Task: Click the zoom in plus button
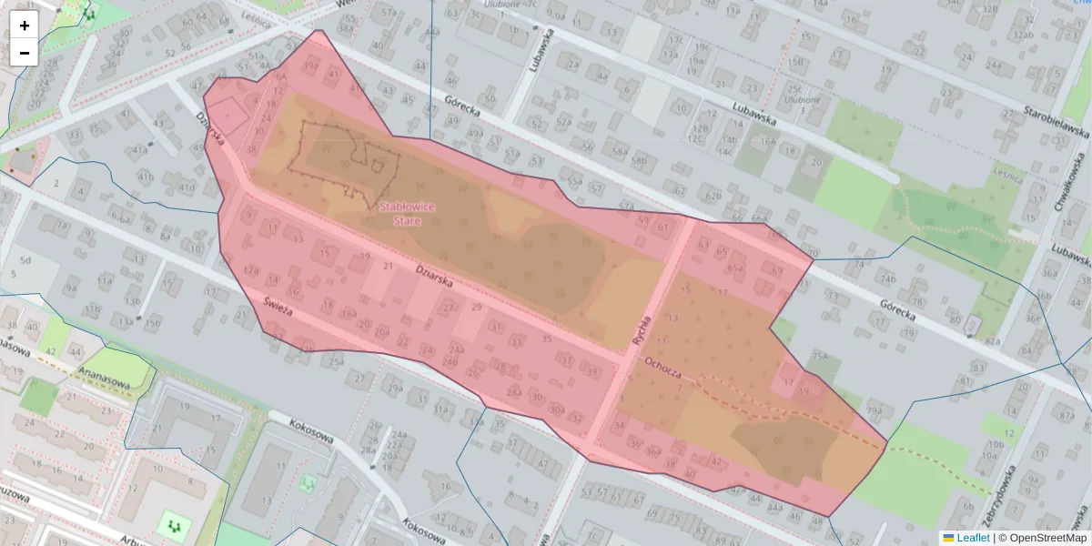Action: (25, 25)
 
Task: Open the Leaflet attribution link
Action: (972, 538)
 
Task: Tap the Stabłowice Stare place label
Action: (407, 213)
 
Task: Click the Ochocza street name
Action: (662, 367)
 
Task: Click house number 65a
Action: (735, 268)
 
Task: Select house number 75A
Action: (821, 356)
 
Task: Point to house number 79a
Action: (875, 410)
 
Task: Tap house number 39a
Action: (310, 66)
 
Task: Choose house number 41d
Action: (187, 188)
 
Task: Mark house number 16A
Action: (769, 141)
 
